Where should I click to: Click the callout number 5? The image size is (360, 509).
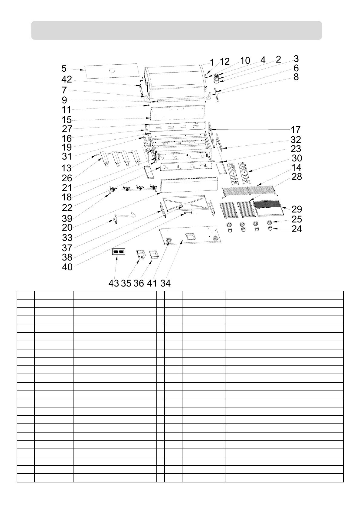(64, 69)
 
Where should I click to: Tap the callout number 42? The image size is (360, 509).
(67, 79)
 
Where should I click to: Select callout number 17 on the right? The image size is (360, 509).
(296, 130)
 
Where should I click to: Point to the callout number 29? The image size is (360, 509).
(296, 209)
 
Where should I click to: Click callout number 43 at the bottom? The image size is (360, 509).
(113, 283)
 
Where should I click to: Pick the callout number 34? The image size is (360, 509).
(165, 283)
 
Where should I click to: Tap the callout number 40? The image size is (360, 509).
(67, 267)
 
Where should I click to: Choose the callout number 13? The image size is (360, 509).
(67, 168)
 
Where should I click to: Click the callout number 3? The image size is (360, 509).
(296, 58)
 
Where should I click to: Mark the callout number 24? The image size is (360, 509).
(296, 229)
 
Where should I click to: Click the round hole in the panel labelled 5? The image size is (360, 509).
(112, 71)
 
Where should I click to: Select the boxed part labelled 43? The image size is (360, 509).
(118, 252)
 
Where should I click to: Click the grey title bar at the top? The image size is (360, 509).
(176, 30)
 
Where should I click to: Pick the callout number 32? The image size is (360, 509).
(296, 140)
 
